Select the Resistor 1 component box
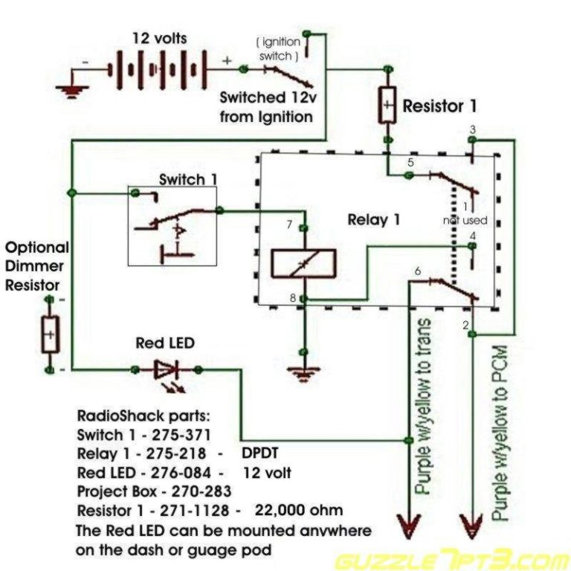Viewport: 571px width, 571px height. pyautogui.click(x=387, y=106)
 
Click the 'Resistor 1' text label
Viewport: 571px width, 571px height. pyautogui.click(x=439, y=106)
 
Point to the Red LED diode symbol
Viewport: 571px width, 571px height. pyautogui.click(x=166, y=370)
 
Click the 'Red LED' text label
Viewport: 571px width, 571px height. pyautogui.click(x=165, y=343)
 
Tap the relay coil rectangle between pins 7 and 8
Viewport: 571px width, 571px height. pyautogui.click(x=303, y=263)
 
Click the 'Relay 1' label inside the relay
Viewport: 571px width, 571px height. pyautogui.click(x=373, y=220)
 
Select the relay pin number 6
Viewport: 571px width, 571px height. pyautogui.click(x=417, y=271)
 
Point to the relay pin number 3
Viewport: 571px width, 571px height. pyautogui.click(x=473, y=129)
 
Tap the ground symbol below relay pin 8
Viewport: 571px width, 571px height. pyautogui.click(x=302, y=373)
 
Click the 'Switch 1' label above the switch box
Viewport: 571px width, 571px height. pyautogui.click(x=182, y=180)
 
